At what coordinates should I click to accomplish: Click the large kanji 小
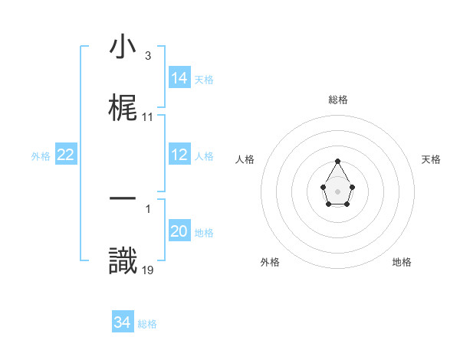[123, 48]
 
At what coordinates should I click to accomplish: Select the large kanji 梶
[123, 108]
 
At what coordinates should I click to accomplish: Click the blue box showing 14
[179, 78]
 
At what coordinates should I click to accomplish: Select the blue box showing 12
[179, 155]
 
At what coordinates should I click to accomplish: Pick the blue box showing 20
[179, 231]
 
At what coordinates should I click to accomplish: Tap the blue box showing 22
[66, 155]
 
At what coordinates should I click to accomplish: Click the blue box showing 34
[123, 322]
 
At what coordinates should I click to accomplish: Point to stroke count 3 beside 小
[147, 56]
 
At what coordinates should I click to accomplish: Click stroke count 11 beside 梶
[148, 117]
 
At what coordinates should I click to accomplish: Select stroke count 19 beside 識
[148, 269]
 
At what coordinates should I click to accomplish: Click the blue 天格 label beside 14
[204, 80]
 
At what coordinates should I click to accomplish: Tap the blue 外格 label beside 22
[41, 156]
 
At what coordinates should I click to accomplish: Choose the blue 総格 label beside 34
[147, 324]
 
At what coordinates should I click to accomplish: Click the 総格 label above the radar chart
[338, 100]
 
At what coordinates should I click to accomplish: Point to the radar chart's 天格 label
[431, 159]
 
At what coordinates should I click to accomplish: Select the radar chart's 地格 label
[402, 262]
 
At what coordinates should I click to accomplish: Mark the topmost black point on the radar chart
[338, 161]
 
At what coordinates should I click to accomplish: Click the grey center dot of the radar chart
[338, 190]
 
